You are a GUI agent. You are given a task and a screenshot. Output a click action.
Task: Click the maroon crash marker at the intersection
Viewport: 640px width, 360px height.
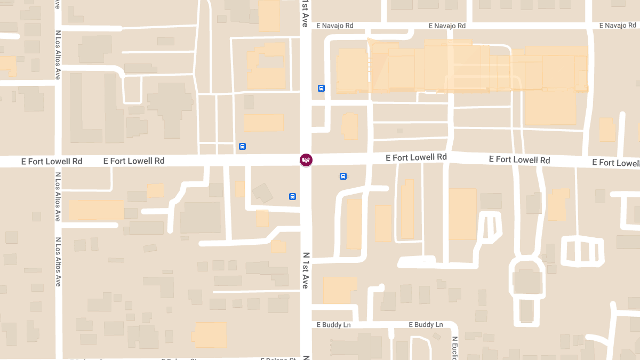pyautogui.click(x=306, y=160)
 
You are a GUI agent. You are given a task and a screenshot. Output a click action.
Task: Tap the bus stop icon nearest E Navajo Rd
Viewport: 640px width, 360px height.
pyautogui.click(x=321, y=88)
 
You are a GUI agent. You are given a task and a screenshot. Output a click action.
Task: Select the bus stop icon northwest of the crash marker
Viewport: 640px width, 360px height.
pyautogui.click(x=242, y=146)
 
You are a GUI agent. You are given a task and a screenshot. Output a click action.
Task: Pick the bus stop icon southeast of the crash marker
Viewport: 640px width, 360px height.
pyautogui.click(x=343, y=176)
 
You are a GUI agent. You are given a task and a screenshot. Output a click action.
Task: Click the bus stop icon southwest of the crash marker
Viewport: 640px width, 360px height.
pyautogui.click(x=292, y=196)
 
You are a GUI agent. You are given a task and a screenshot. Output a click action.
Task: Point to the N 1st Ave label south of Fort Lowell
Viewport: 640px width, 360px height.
pyautogui.click(x=306, y=270)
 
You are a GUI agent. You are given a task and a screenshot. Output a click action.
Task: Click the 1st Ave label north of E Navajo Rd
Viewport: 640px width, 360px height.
pyautogui.click(x=305, y=14)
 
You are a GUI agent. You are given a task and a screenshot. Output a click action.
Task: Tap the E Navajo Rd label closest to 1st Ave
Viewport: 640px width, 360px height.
pyautogui.click(x=335, y=26)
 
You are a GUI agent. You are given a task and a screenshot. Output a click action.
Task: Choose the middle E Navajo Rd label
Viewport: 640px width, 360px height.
pyautogui.click(x=447, y=26)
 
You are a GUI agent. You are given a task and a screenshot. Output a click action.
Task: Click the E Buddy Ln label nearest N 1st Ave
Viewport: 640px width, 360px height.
pyautogui.click(x=333, y=324)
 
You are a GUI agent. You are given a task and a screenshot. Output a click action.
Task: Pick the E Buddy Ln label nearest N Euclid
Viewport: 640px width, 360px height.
pyautogui.click(x=426, y=324)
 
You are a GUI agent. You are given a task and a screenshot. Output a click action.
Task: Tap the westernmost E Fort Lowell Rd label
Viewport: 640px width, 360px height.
pyautogui.click(x=52, y=161)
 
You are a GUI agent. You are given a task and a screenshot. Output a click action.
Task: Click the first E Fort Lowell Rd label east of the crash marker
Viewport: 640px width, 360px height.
pyautogui.click(x=417, y=157)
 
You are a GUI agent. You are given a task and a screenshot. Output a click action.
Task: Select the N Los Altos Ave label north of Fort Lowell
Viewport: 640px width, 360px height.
pyautogui.click(x=58, y=55)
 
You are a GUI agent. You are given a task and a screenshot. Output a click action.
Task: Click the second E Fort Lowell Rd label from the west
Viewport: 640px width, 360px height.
pyautogui.click(x=134, y=161)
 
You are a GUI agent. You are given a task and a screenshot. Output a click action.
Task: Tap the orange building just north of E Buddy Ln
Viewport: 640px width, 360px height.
pyautogui.click(x=339, y=290)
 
